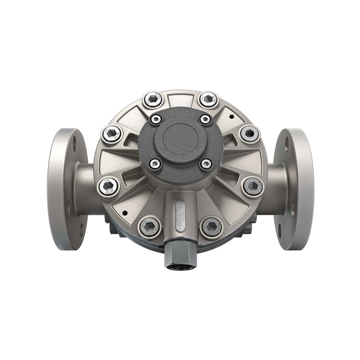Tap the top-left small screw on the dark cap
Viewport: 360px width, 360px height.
(x=155, y=119)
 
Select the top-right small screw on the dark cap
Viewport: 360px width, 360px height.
(x=205, y=119)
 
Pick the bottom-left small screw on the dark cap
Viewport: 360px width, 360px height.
(x=155, y=164)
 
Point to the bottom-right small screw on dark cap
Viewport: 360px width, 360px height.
(x=206, y=164)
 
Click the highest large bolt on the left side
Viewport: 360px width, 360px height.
(x=153, y=99)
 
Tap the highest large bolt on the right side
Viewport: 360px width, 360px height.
(x=208, y=99)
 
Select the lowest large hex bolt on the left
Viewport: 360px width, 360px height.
(x=149, y=226)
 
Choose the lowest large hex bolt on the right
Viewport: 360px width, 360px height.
(x=211, y=226)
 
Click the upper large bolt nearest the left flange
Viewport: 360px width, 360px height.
(x=112, y=135)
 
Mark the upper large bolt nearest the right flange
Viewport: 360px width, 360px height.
(x=249, y=134)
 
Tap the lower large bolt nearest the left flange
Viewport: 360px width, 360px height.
(x=109, y=186)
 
